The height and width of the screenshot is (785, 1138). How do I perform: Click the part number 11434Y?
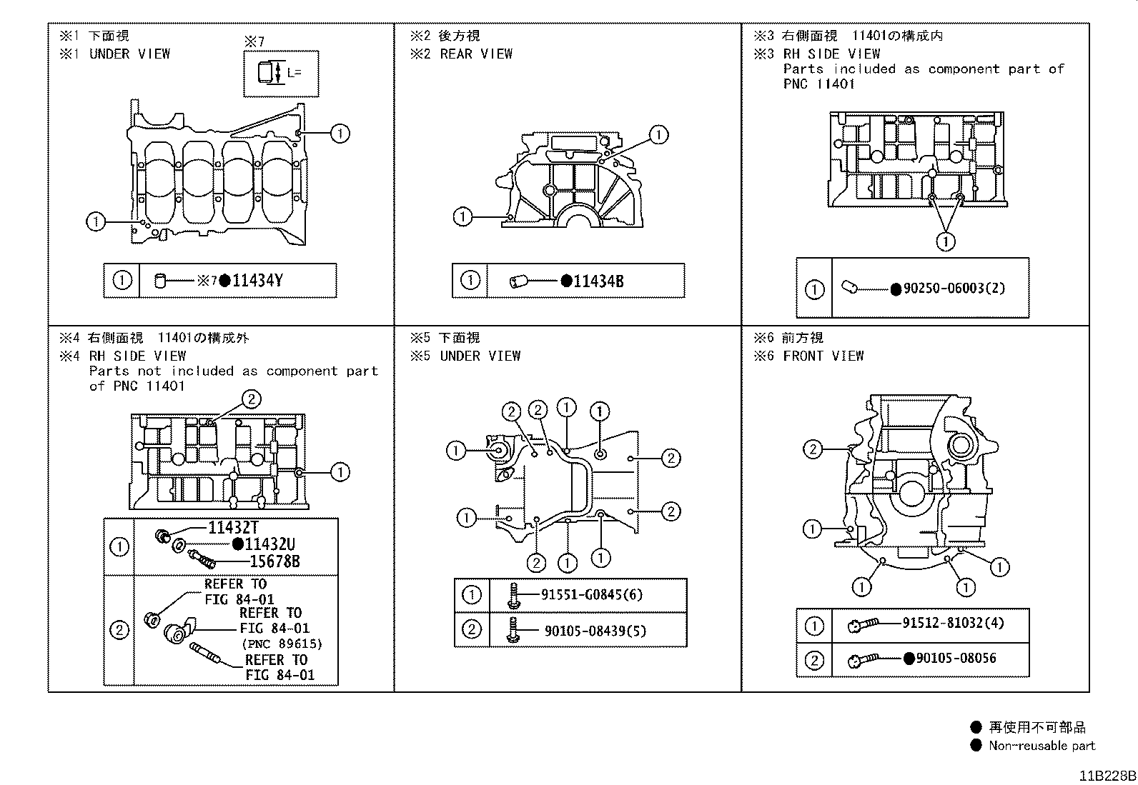point(257,281)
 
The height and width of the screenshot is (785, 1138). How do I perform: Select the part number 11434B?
point(598,281)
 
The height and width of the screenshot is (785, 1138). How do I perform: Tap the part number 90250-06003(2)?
point(954,289)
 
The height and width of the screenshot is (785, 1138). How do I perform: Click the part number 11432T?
point(233,528)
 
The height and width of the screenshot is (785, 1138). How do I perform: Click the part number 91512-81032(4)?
point(952,623)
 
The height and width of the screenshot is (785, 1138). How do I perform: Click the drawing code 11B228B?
point(1107,776)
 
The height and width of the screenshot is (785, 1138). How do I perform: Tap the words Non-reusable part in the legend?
point(1041,746)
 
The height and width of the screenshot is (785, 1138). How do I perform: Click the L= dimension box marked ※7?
point(280,73)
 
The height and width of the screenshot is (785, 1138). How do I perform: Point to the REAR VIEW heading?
point(476,54)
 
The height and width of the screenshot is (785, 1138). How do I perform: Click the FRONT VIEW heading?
point(823,356)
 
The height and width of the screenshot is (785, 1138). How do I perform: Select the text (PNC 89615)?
point(282,644)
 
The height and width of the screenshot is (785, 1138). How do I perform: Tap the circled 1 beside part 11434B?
point(470,281)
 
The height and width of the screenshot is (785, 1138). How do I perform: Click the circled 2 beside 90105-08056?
point(814,661)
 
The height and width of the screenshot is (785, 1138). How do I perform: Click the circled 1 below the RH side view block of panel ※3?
point(945,242)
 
